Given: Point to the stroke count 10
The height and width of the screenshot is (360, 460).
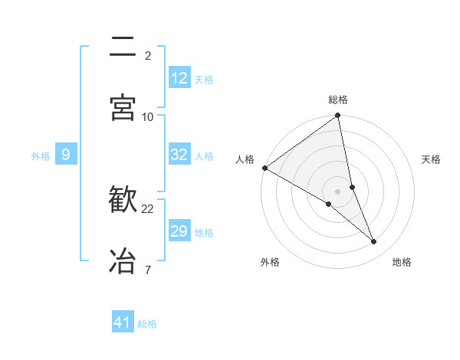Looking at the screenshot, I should [148, 116].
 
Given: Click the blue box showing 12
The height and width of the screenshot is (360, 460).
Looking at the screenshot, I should [179, 78].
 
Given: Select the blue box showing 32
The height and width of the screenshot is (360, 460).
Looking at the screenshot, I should [179, 155].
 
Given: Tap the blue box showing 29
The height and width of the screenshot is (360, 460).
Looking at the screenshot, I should [179, 231].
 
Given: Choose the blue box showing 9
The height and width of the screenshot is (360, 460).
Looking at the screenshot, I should [66, 155].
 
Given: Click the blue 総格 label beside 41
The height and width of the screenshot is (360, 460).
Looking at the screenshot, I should [147, 324].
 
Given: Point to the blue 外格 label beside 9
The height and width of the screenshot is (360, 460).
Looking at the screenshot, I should [41, 156].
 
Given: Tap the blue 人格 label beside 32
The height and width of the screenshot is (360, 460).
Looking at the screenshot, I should [204, 156].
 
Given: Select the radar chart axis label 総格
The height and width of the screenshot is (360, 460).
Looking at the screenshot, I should [338, 100].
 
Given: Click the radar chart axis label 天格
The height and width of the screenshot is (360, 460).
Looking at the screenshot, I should [432, 159].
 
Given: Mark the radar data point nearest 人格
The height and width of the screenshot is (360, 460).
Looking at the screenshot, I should [264, 168].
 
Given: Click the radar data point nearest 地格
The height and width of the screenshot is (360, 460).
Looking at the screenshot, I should [374, 241].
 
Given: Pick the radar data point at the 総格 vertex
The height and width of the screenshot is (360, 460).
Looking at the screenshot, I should [338, 116].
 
